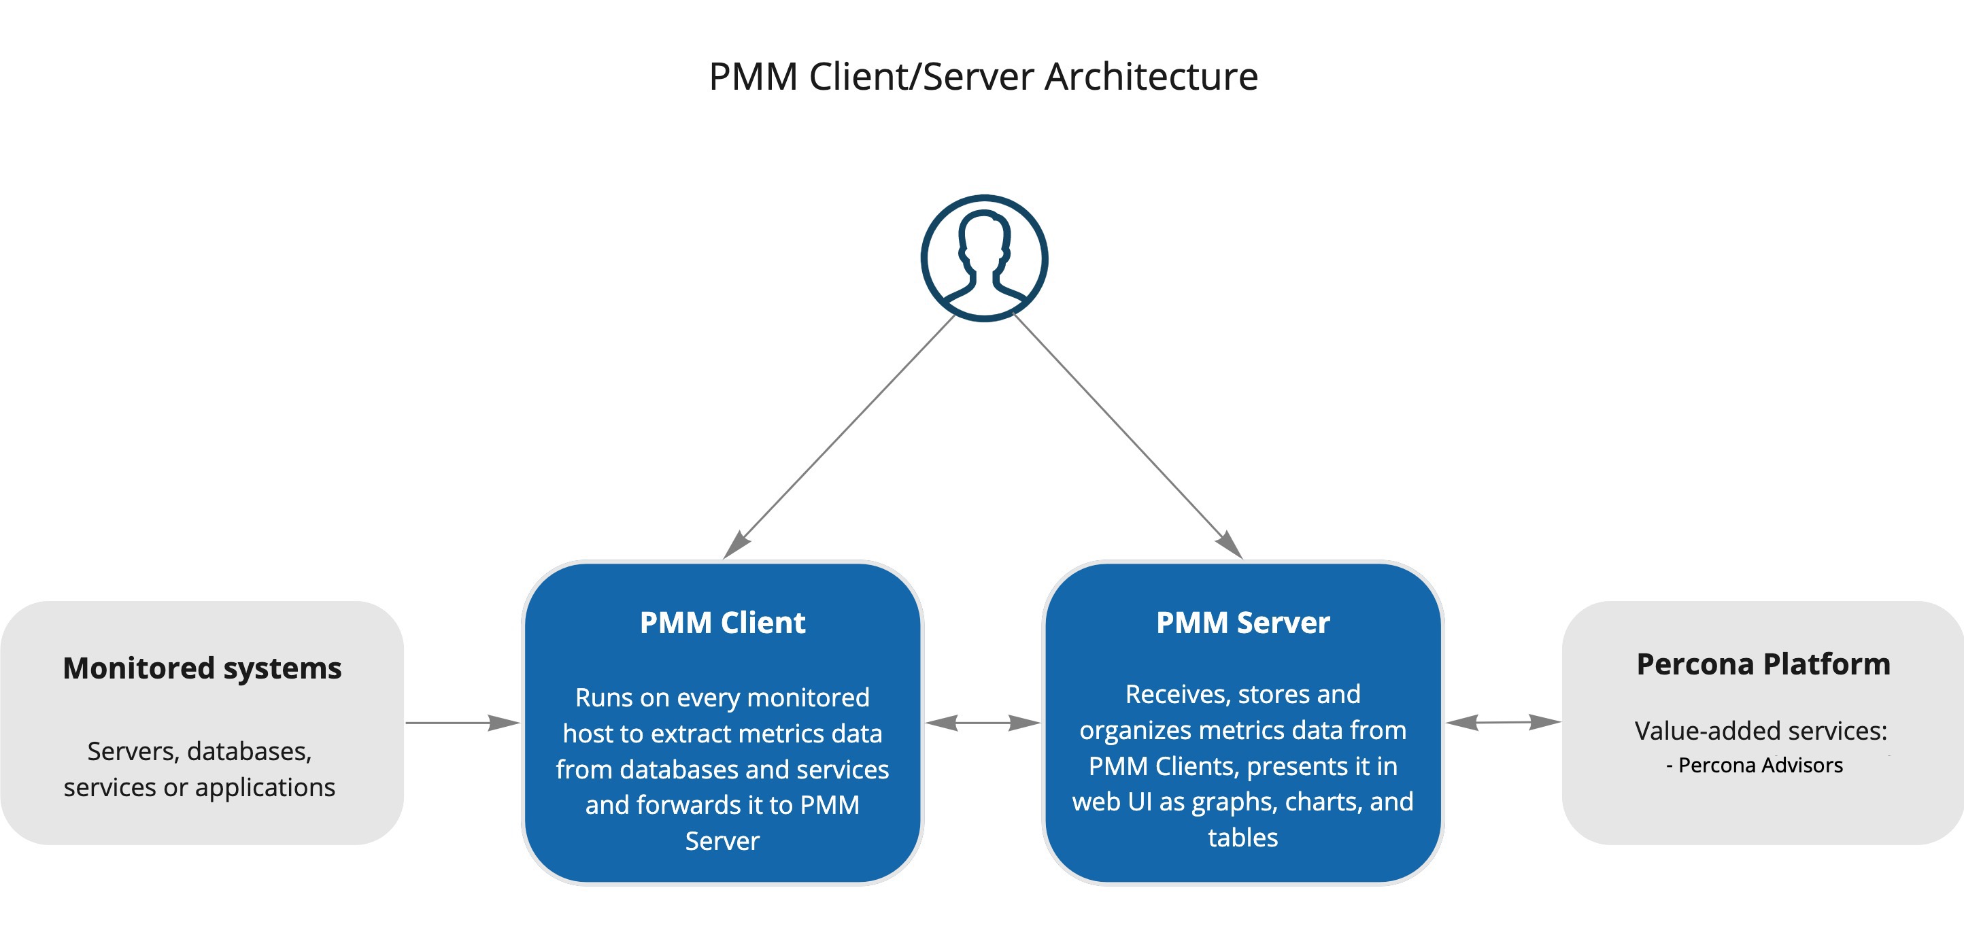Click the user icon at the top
coord(984,258)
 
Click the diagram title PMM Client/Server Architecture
coord(983,76)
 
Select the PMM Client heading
coord(722,622)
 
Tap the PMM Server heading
coord(1242,622)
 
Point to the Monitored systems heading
coord(202,668)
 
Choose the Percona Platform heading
coord(1763,664)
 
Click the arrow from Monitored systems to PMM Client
coord(462,722)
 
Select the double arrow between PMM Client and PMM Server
coord(982,722)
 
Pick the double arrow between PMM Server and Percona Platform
coord(1503,721)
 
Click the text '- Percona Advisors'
coord(1755,765)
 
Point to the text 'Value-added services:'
coord(1761,730)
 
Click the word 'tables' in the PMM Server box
coord(1242,837)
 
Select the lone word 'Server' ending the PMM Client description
coord(722,840)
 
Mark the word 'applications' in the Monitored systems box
coord(265,787)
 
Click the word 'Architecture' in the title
coord(1151,76)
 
